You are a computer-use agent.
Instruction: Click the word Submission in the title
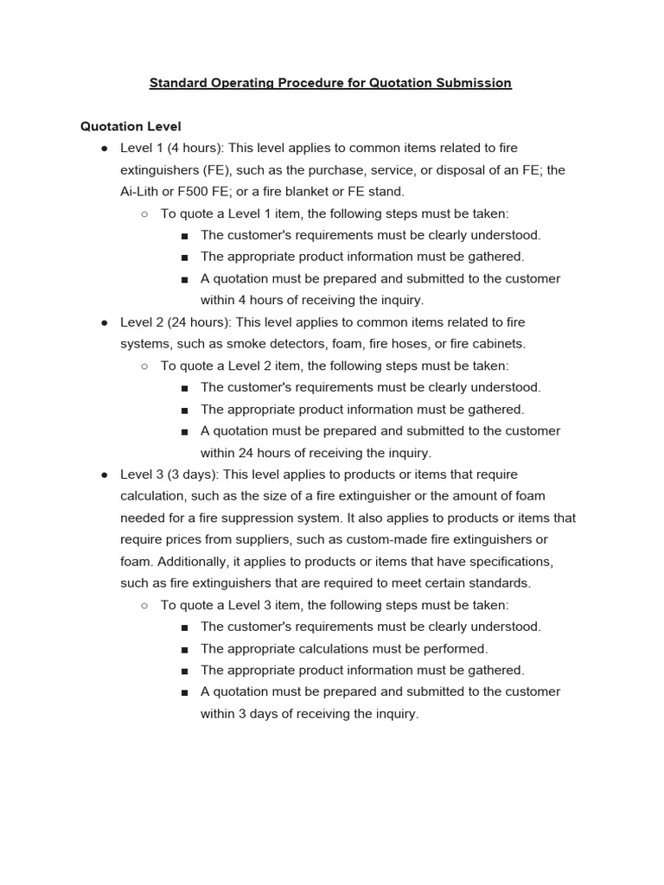pos(471,83)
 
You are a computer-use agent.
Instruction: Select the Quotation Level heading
pos(131,126)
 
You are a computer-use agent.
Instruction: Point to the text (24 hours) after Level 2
pos(199,322)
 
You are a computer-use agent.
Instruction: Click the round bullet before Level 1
pos(104,149)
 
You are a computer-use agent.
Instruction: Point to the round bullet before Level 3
pos(104,475)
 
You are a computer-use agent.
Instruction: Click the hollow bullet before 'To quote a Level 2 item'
pos(144,366)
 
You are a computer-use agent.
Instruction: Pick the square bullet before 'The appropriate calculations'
pos(185,649)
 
